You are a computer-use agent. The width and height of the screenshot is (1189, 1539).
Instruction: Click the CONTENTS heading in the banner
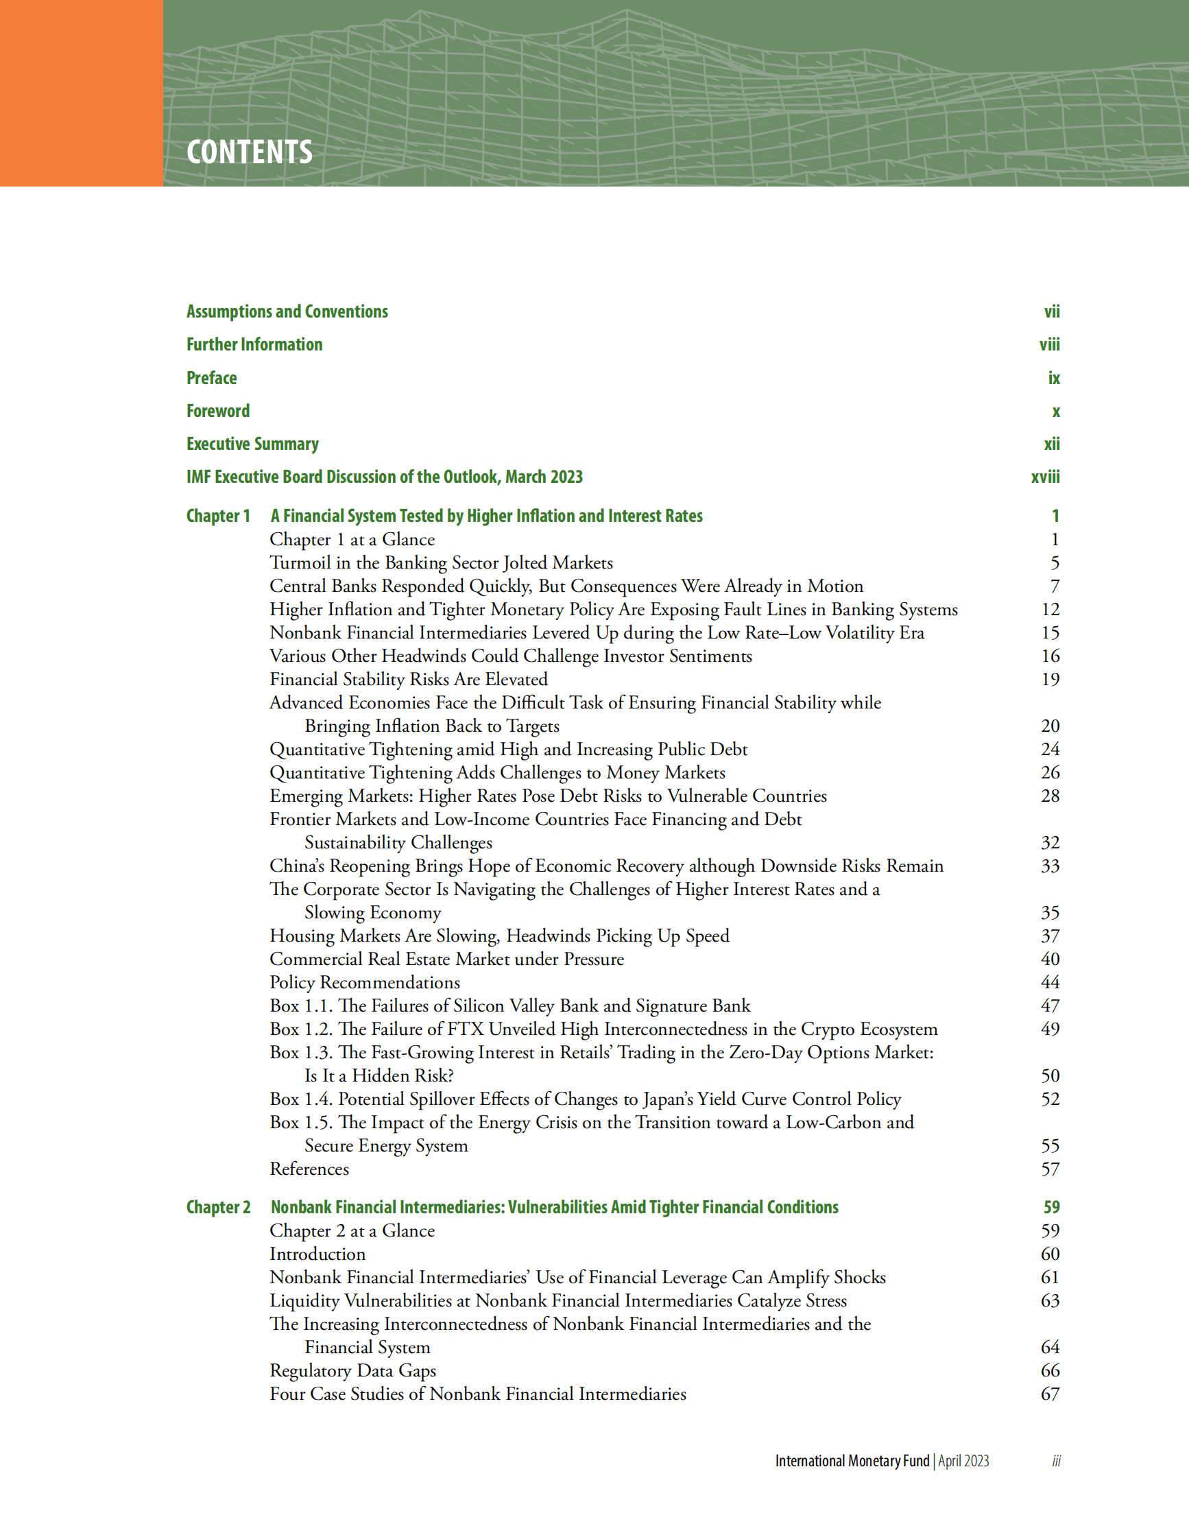point(250,152)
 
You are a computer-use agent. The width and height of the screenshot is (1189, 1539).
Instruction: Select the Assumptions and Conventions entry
point(287,311)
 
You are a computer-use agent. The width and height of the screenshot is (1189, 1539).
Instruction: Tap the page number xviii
point(1044,477)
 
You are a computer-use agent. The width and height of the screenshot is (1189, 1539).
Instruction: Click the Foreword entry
point(217,411)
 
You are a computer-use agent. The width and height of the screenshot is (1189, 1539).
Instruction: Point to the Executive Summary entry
point(252,444)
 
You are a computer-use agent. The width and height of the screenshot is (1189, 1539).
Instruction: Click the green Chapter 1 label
point(217,516)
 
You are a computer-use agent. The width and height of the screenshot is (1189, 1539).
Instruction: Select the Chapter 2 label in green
point(217,1207)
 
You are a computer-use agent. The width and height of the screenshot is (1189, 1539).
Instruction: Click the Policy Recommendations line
point(364,982)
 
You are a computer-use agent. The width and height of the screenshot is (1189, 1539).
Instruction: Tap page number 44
point(1050,982)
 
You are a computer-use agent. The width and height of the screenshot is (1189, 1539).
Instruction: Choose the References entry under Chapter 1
point(309,1169)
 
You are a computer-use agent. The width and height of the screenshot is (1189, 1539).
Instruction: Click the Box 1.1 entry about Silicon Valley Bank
point(509,1005)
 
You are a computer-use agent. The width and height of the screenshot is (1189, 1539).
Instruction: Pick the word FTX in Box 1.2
point(465,1029)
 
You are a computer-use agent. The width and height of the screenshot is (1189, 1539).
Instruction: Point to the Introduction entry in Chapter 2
point(317,1254)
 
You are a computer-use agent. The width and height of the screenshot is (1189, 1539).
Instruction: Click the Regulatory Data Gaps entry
point(352,1370)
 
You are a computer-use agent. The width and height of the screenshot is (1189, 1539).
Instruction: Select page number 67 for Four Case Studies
point(1050,1394)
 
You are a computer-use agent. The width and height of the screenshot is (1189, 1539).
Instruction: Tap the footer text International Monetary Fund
point(852,1461)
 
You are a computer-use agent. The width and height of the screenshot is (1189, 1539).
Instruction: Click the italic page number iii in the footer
point(1056,1462)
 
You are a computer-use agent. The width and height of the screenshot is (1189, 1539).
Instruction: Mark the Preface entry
point(211,378)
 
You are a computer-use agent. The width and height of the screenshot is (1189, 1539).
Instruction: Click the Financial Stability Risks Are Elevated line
point(409,679)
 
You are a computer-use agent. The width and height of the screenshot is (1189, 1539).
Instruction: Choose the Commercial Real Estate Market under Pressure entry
point(446,959)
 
